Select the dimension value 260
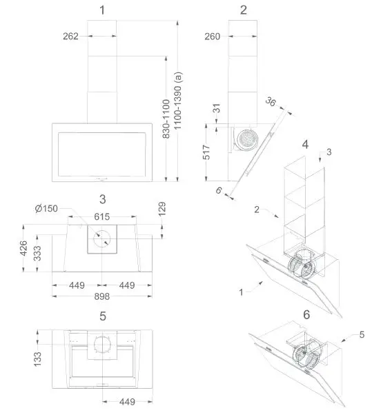(213, 37)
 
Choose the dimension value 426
(23, 247)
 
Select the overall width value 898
(102, 296)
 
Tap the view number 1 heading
(102, 10)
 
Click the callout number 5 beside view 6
(361, 335)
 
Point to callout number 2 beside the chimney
(257, 209)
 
